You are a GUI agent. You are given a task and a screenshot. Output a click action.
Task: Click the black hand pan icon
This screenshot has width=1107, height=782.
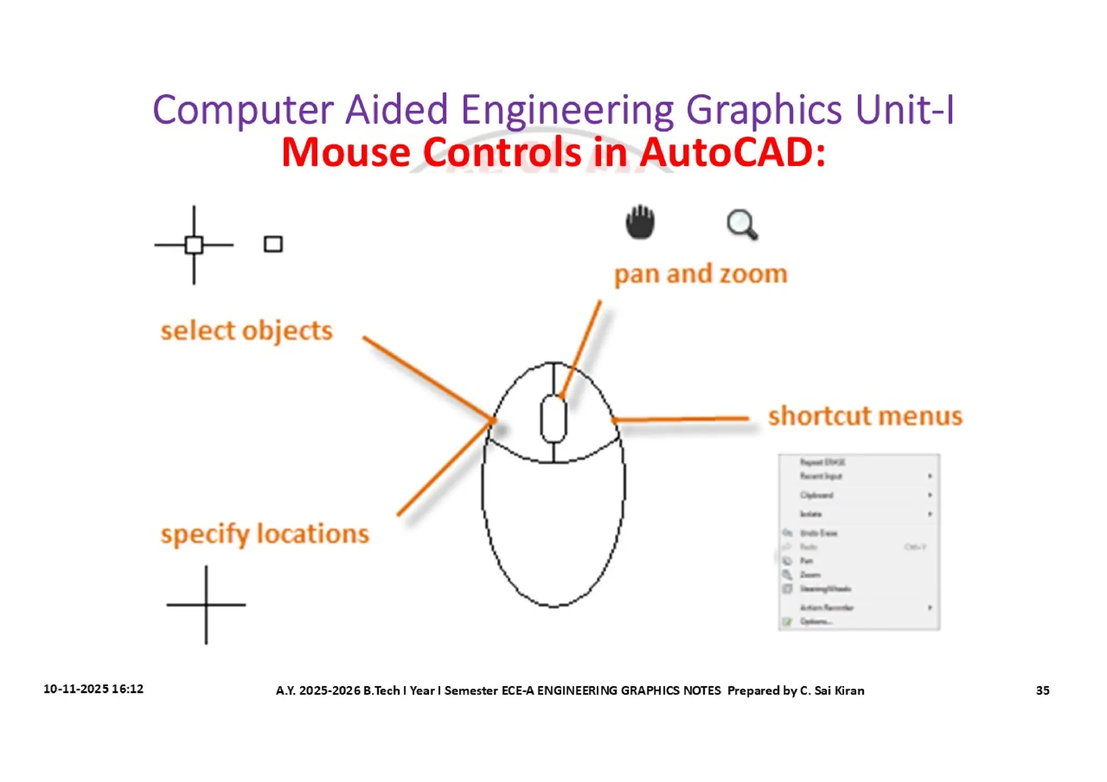pyautogui.click(x=640, y=222)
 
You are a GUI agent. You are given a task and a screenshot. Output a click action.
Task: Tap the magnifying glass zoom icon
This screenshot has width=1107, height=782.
pyautogui.click(x=742, y=224)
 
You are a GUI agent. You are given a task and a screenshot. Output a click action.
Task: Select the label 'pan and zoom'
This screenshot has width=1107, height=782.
pyautogui.click(x=701, y=274)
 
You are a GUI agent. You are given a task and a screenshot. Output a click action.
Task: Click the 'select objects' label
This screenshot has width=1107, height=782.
pyautogui.click(x=246, y=331)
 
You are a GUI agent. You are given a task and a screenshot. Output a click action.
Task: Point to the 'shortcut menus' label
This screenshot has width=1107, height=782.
pyautogui.click(x=865, y=416)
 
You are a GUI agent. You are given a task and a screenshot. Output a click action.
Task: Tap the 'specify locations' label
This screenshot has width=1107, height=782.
pyautogui.click(x=265, y=534)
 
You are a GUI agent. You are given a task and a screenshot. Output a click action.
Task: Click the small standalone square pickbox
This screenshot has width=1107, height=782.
pyautogui.click(x=273, y=244)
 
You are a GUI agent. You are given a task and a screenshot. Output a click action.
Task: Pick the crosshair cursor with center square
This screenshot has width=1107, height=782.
pyautogui.click(x=194, y=245)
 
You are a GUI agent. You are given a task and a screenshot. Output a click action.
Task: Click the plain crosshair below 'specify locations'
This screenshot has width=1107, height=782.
pyautogui.click(x=206, y=605)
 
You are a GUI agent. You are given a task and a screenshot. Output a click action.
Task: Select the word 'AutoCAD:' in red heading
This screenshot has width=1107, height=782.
pyautogui.click(x=733, y=152)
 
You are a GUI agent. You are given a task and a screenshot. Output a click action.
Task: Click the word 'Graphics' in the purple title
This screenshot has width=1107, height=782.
pyautogui.click(x=764, y=110)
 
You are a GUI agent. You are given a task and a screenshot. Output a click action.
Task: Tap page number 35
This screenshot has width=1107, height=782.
pyautogui.click(x=1042, y=690)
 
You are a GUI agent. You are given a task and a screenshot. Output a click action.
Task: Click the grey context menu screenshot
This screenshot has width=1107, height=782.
pyautogui.click(x=859, y=542)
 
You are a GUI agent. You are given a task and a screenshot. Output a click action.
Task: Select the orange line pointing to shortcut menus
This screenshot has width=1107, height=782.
pyautogui.click(x=681, y=419)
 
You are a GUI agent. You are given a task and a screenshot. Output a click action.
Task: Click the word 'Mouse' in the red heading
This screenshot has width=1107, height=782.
pyautogui.click(x=346, y=152)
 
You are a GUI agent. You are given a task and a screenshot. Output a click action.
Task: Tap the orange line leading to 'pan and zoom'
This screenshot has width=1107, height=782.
pyautogui.click(x=582, y=349)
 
